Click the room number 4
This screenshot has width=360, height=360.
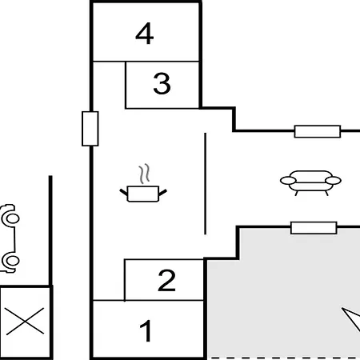[145, 34]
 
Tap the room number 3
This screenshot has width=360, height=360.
[162, 83]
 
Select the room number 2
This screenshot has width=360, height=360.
[166, 280]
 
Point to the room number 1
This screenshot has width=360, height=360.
[146, 330]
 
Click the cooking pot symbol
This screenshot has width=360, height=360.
[143, 194]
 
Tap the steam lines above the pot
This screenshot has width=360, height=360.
[144, 174]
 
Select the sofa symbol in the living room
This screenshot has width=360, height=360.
[310, 183]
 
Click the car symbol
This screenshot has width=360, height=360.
[10, 238]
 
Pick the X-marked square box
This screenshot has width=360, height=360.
[26, 322]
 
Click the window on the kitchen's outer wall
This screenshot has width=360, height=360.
[90, 129]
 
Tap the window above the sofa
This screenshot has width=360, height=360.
[318, 131]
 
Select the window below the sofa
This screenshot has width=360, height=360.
[314, 228]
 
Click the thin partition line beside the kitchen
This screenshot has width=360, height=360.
[205, 184]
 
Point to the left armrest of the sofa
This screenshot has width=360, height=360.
[288, 181]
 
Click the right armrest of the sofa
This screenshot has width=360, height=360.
[334, 181]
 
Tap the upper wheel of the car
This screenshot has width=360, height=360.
[11, 218]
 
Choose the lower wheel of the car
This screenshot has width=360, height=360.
[11, 261]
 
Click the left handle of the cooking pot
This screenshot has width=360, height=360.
[124, 192]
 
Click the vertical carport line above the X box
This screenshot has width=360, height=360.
[50, 230]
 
